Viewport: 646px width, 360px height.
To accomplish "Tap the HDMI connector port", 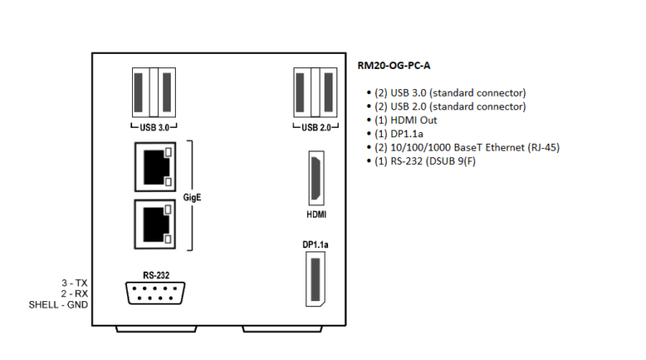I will point(316,177).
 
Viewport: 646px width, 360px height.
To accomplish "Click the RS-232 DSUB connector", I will point(152,294).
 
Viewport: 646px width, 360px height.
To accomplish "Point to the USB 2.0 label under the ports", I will point(315,128).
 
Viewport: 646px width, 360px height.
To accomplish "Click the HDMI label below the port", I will point(316,214).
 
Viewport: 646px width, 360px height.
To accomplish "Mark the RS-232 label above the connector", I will point(155,274).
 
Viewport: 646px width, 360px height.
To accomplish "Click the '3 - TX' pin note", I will point(73,283).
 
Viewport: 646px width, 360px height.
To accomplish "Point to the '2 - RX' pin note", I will point(73,294).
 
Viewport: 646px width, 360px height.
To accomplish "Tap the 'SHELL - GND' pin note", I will point(58,304).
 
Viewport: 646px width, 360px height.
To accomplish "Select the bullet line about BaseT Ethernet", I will point(467,147).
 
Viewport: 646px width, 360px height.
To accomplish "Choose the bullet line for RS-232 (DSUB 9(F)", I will point(432,161).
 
